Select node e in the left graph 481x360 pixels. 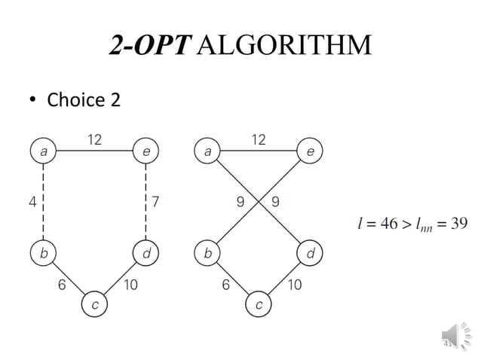[145, 151]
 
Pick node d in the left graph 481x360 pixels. [145, 255]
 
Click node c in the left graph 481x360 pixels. [94, 304]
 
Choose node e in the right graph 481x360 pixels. [309, 151]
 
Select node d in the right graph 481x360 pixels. [309, 255]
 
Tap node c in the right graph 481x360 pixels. [259, 304]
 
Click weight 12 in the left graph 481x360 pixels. [95, 139]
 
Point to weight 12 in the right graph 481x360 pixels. [259, 139]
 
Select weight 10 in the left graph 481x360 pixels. [130, 285]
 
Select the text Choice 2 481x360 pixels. [84, 99]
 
